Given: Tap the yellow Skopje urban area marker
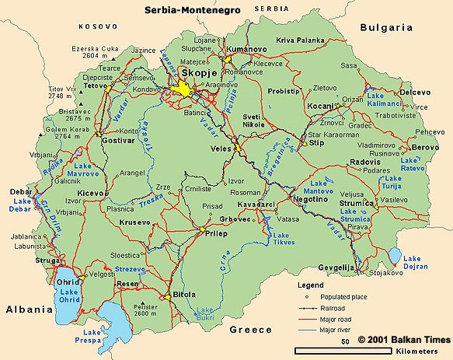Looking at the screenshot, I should (x=185, y=89).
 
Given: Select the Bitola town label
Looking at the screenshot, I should (x=183, y=295).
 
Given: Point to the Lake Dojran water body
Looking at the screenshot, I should (x=396, y=256).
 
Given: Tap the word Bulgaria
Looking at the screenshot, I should (x=385, y=26).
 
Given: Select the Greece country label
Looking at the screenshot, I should (x=250, y=330).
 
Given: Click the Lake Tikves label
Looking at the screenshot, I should (x=282, y=239).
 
